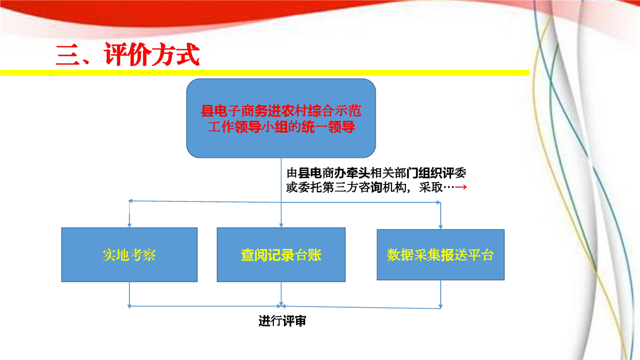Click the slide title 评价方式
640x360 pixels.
(151, 54)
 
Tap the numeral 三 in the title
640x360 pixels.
(67, 55)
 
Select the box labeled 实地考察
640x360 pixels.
(129, 254)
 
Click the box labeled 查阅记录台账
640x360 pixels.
(281, 254)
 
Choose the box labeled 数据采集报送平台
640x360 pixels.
(440, 254)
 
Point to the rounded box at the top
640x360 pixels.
(281, 118)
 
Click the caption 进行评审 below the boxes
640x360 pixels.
(282, 321)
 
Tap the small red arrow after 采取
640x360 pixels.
(461, 187)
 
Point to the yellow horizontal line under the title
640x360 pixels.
(264, 73)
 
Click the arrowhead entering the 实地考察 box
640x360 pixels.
(129, 225)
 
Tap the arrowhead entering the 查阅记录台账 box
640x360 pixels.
(281, 225)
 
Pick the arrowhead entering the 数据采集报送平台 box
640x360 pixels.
(440, 227)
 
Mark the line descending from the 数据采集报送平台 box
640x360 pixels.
(440, 294)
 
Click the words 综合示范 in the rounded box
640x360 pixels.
(334, 111)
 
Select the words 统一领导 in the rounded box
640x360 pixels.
(328, 127)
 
